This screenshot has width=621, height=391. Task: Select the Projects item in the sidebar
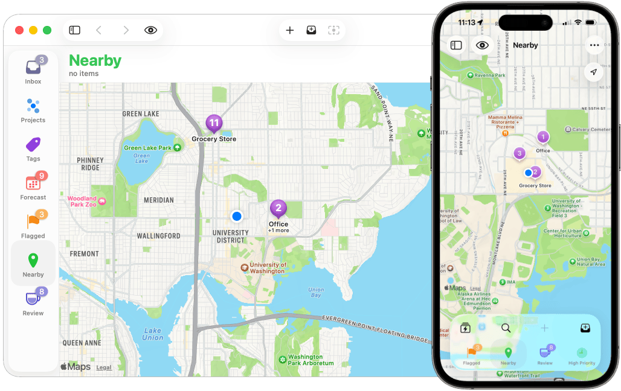33,107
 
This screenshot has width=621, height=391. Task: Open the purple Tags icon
33,145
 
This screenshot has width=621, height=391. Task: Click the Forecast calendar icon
33,183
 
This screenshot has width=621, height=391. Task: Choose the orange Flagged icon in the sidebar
33,222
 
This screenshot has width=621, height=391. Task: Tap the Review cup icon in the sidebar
33,299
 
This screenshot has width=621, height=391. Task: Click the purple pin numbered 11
214,124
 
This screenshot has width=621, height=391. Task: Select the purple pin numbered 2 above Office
278,209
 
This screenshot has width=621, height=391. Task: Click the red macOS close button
19,30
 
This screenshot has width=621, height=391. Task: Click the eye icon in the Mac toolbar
150,30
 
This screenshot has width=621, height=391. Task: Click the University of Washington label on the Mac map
268,267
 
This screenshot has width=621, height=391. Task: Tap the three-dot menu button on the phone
594,45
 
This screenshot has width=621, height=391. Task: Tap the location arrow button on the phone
594,72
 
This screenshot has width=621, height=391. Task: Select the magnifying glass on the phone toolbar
506,328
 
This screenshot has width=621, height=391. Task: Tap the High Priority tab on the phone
581,356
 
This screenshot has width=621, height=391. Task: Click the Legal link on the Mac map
104,367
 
